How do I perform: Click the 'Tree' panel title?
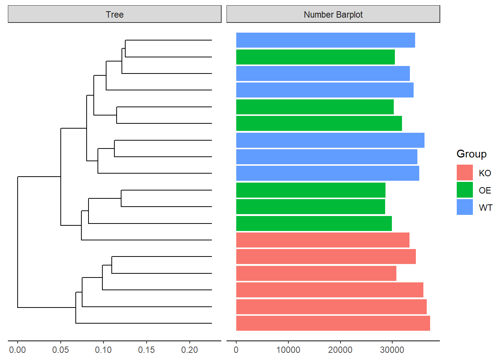click(114, 15)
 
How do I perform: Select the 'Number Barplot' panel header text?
click(333, 15)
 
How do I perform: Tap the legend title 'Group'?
click(471, 154)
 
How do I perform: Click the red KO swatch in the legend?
click(465, 172)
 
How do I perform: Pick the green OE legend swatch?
click(465, 190)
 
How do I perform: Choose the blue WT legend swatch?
click(465, 207)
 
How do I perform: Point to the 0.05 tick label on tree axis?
click(60, 350)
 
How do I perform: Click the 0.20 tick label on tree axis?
click(189, 350)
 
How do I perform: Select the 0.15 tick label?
click(146, 350)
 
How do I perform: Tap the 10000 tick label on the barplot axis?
click(288, 350)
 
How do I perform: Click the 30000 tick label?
click(392, 350)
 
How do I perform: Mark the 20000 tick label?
click(340, 350)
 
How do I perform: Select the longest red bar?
click(333, 323)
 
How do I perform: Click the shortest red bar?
click(316, 273)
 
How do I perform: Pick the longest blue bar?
click(330, 140)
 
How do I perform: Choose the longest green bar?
click(319, 123)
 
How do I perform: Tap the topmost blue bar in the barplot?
click(325, 40)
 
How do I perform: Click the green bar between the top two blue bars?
click(315, 57)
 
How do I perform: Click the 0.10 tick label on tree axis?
click(103, 350)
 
